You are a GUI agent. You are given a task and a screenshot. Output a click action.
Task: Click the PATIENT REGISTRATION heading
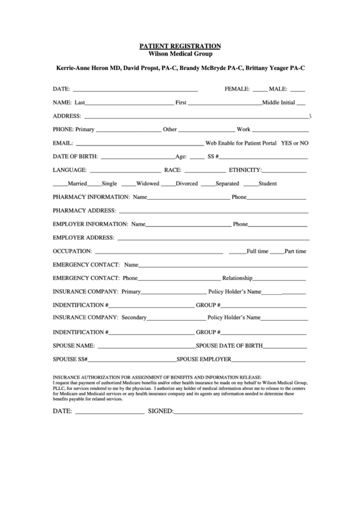click(x=180, y=46)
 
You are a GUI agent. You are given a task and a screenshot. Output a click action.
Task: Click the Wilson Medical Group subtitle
click(x=180, y=53)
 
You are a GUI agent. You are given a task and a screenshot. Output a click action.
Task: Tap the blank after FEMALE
click(x=260, y=90)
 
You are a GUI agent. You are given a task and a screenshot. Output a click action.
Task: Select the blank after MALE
click(x=298, y=90)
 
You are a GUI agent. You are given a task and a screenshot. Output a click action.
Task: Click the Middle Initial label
click(x=278, y=103)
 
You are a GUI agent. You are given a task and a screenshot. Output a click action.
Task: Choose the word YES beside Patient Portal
click(x=287, y=143)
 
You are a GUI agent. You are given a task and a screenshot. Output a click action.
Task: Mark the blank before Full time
click(x=237, y=251)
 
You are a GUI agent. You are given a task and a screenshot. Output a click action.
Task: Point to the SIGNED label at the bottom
click(x=161, y=411)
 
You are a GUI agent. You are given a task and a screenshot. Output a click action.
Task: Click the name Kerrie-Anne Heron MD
click(x=88, y=69)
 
